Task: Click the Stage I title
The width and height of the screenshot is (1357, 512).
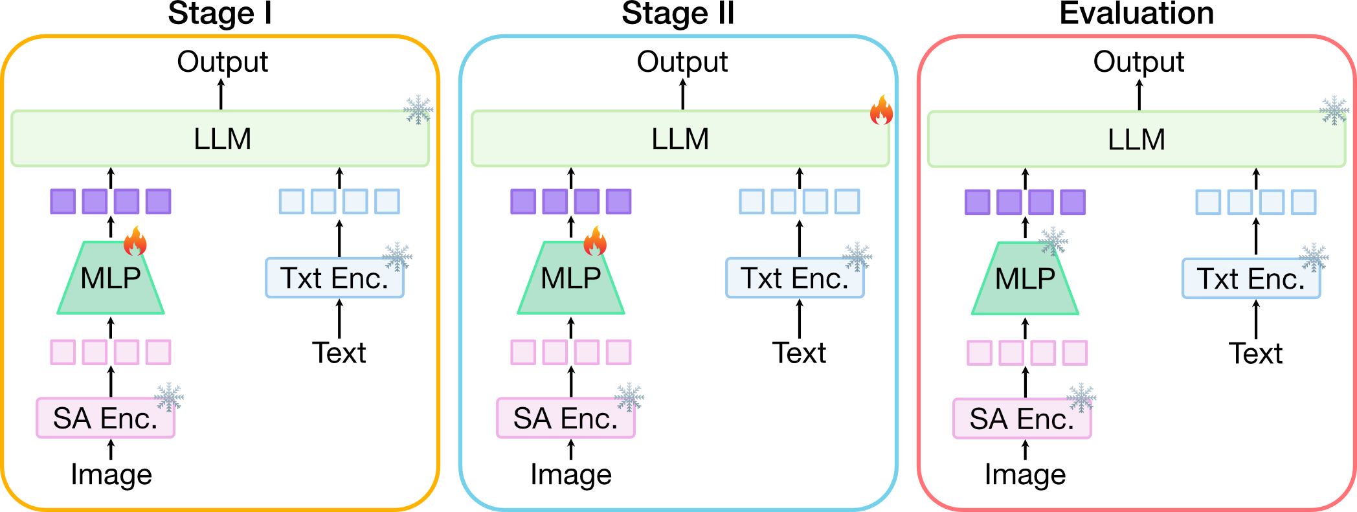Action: pos(219,14)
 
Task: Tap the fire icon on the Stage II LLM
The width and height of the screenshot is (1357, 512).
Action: pos(881,111)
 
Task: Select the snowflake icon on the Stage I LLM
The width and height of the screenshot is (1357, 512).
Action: pos(418,110)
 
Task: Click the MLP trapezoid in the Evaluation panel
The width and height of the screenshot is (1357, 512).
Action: pos(1025,279)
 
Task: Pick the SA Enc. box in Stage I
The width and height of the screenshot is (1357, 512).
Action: pos(106,418)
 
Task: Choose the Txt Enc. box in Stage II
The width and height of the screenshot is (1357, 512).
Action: pos(794,278)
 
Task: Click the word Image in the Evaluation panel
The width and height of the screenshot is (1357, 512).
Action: pos(1025,475)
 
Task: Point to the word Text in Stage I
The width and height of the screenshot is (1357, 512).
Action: pos(339,353)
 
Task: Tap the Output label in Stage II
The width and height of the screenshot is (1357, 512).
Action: pos(682,62)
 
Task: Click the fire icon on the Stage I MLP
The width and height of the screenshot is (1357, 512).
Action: pos(135,242)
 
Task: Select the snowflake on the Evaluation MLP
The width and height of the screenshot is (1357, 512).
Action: pos(1053,241)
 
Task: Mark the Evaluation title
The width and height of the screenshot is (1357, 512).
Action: pos(1136,14)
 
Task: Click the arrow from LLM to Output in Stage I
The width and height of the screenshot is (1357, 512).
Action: pos(221,95)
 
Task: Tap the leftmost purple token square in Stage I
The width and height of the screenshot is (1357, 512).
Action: pos(63,201)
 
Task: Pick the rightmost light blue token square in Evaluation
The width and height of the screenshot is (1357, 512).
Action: pos(1303,202)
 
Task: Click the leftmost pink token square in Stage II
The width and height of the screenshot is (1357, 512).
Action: pos(523,353)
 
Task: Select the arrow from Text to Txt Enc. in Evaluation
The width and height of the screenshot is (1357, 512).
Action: pos(1256,320)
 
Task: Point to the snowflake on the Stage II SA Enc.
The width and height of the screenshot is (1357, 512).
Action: pos(629,397)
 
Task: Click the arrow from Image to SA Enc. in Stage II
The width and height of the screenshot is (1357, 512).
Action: pos(571,450)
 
